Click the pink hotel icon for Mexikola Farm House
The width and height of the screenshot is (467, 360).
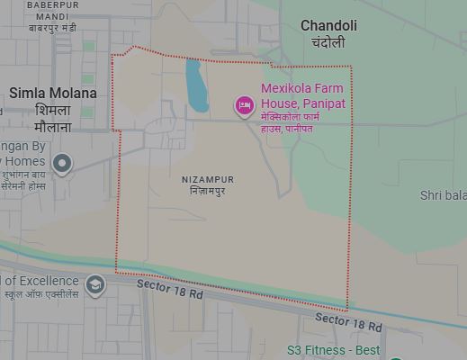tap(244, 105)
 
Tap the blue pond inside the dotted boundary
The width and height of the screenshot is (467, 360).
tap(197, 85)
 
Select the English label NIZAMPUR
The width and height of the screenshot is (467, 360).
tap(207, 179)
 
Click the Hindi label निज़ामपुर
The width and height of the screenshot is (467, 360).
tap(207, 192)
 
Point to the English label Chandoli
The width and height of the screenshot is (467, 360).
tap(328, 26)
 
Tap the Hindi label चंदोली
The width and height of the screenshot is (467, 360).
tap(328, 42)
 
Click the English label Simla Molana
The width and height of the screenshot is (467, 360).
tap(53, 93)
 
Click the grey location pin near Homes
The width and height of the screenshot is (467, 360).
tap(61, 164)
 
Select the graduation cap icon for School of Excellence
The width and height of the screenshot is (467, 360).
tap(94, 285)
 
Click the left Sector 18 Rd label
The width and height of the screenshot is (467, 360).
tap(170, 289)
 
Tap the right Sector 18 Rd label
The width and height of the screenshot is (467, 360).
tap(348, 321)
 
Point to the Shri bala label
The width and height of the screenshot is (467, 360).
tap(443, 195)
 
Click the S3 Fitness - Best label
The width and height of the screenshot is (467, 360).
tap(346, 350)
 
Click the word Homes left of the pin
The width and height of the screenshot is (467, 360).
tap(24, 161)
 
